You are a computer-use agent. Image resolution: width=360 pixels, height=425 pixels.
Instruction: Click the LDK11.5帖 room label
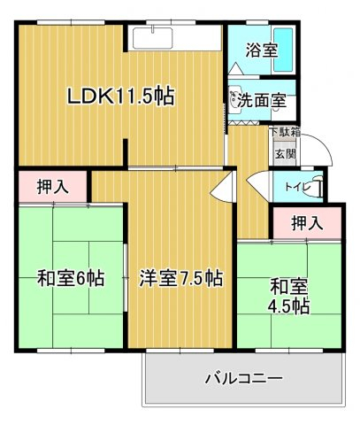(x=121, y=96)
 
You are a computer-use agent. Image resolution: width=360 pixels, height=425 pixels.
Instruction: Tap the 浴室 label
(x=262, y=50)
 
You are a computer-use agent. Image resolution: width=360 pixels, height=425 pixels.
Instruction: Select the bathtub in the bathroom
(x=284, y=50)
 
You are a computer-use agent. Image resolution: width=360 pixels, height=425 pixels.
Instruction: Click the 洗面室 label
(x=262, y=101)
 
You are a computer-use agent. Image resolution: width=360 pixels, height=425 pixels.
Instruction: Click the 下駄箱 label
(x=286, y=131)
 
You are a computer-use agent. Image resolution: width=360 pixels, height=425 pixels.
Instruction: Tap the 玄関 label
(x=285, y=153)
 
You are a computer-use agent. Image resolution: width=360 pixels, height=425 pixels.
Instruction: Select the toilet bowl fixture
(x=315, y=186)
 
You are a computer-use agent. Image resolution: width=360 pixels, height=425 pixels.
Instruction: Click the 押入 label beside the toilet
(x=307, y=222)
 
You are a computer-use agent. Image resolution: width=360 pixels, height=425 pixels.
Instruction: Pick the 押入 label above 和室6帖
(x=53, y=187)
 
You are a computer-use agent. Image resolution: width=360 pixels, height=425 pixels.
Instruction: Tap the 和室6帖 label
(x=71, y=278)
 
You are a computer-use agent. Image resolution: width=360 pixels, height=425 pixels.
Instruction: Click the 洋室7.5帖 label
(x=181, y=278)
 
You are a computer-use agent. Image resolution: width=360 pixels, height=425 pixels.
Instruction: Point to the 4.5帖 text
(x=288, y=307)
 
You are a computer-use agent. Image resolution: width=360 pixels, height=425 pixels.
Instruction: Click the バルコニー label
(x=244, y=378)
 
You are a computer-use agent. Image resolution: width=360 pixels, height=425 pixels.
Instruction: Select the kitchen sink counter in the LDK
(x=174, y=38)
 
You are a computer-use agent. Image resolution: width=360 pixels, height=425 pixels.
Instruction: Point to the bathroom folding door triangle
(x=235, y=68)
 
